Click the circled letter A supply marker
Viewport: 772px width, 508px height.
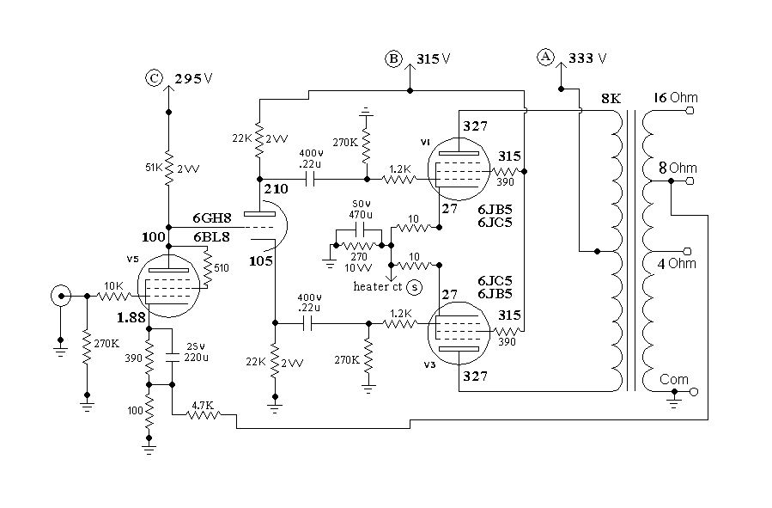(545, 58)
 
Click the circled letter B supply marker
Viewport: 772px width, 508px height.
(393, 58)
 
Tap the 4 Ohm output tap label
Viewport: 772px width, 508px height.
(677, 263)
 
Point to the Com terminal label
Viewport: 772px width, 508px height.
(673, 379)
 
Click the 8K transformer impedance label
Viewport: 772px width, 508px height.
(611, 98)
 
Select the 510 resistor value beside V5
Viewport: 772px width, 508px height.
(222, 268)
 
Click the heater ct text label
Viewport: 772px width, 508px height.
(378, 286)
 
